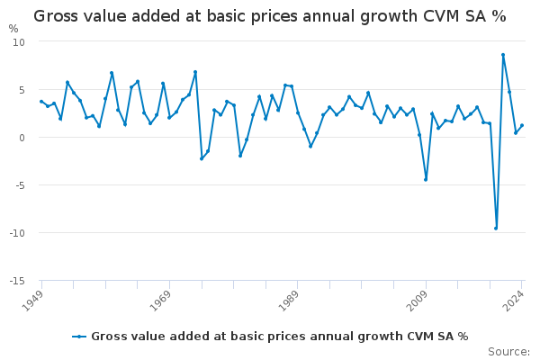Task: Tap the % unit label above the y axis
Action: pos(13,29)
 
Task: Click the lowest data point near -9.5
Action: pos(496,228)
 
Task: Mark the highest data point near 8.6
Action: pos(503,55)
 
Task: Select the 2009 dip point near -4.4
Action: pos(426,179)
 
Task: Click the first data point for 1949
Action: pos(41,102)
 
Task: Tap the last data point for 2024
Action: pos(522,125)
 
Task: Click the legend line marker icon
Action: pos(79,337)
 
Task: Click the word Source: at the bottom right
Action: pos(508,351)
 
